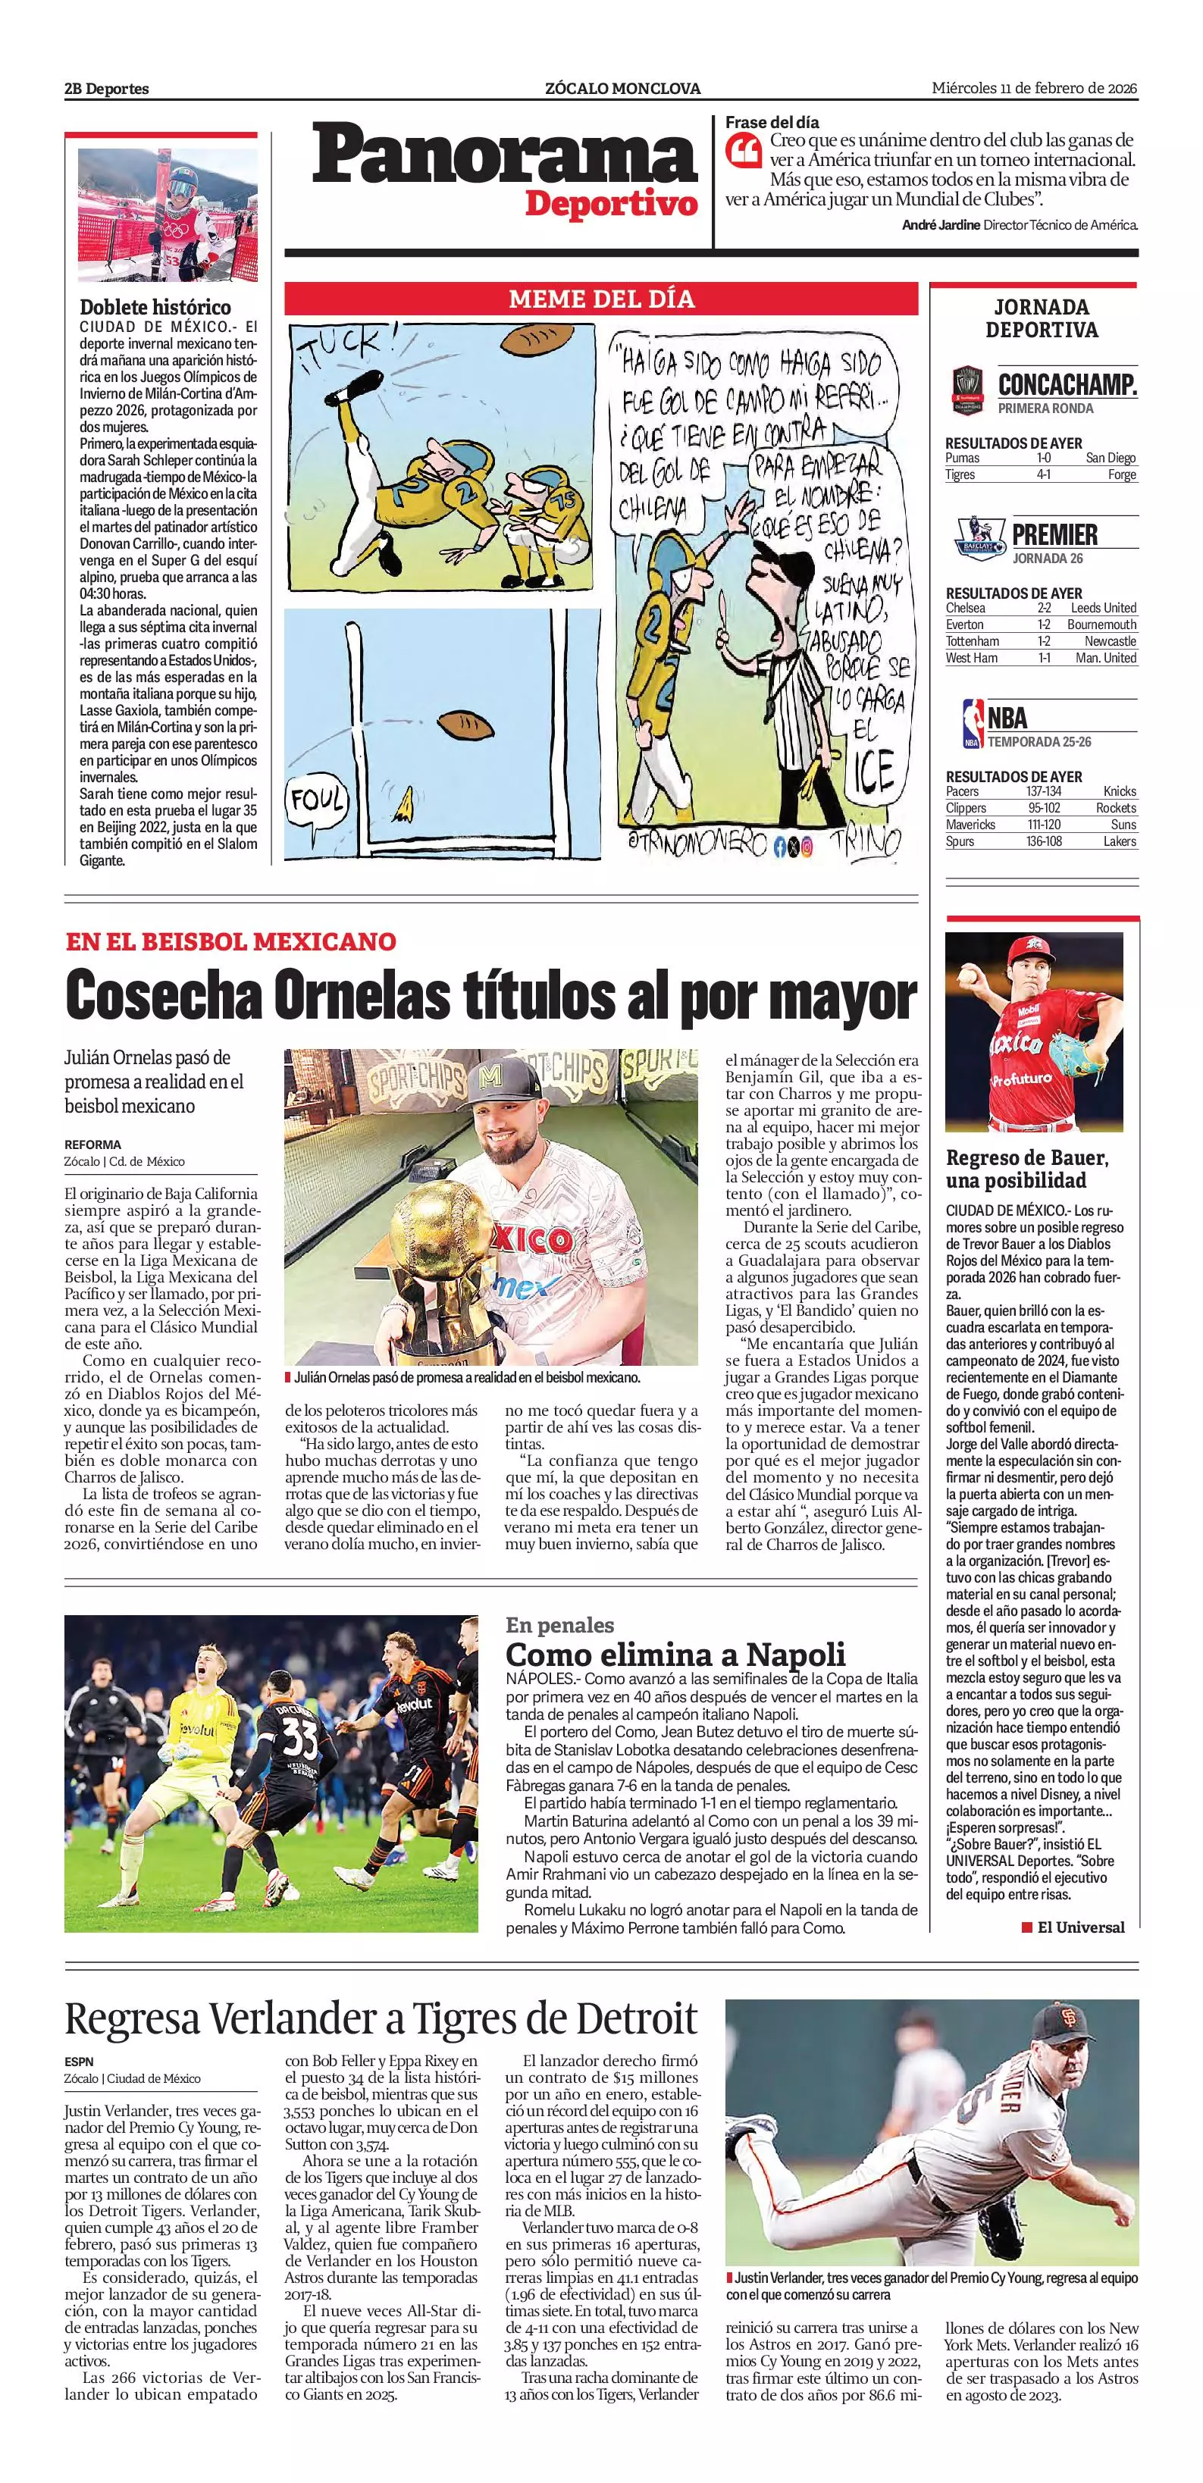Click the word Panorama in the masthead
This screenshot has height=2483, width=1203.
503,157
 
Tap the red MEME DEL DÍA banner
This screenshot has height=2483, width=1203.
600,299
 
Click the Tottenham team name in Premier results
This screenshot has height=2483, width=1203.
966,641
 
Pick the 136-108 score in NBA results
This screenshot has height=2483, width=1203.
1043,841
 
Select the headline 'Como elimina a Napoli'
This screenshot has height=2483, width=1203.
675,1654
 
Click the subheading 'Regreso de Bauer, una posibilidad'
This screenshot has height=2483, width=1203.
1026,1169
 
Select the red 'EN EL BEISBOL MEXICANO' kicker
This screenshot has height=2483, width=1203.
230,941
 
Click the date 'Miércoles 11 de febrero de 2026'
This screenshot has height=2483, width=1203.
1033,88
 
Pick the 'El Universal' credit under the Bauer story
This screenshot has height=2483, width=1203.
1079,1927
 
